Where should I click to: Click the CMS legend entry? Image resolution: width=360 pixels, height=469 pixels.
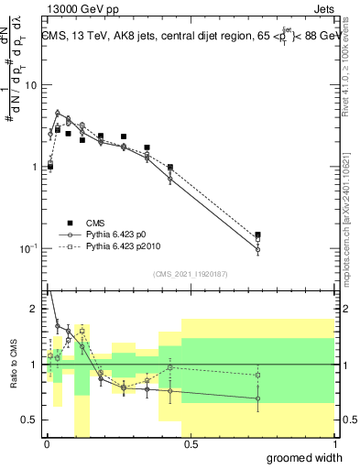[96, 223]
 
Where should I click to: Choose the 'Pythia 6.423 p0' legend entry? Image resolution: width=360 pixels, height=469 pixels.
[117, 234]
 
